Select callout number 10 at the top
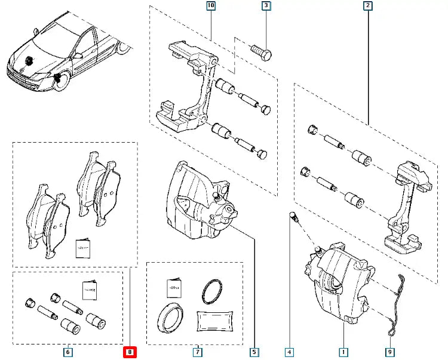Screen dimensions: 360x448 (210, 7)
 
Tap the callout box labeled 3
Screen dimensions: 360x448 (266, 7)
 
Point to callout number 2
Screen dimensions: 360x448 (368, 7)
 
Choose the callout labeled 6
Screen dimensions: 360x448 (67, 352)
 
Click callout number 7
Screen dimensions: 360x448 (197, 352)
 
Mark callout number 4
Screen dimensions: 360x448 (289, 352)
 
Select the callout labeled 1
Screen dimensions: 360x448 (343, 352)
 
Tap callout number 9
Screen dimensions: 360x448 (390, 352)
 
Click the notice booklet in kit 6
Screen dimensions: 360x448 (90, 290)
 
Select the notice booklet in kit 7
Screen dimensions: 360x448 (174, 287)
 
